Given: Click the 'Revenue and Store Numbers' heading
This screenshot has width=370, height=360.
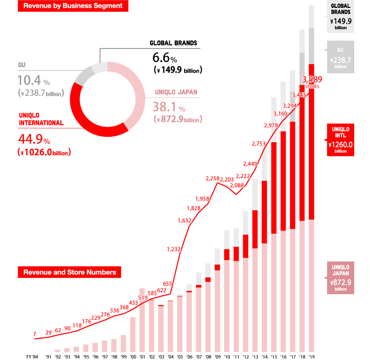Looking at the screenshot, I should [x=70, y=272].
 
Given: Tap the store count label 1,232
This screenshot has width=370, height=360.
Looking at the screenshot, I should [x=174, y=249].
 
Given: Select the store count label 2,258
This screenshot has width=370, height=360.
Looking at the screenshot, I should [x=213, y=178].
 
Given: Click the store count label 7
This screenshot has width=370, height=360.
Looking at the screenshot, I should [x=35, y=334].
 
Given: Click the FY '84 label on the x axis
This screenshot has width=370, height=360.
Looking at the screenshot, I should [x=32, y=356].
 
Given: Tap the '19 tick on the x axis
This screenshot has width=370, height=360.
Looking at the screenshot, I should [x=311, y=356].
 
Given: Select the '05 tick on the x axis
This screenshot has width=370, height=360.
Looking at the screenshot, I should [x=180, y=356].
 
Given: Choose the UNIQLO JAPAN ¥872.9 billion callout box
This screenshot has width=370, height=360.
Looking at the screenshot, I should [x=340, y=278].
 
